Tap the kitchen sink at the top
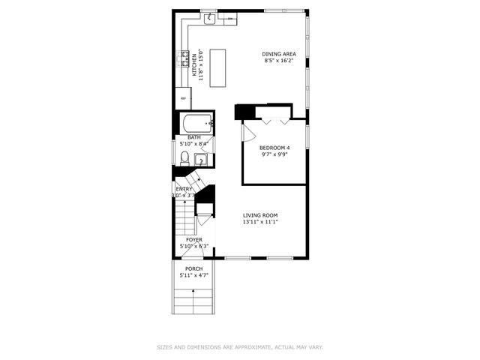211,17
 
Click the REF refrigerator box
182,97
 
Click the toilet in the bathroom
184,157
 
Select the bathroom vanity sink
200,159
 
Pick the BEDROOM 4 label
274,148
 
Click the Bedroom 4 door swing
248,131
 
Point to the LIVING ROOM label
259,215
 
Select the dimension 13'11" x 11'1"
259,222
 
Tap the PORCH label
193,268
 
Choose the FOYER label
193,239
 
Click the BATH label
193,137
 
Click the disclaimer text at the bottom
239,346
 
